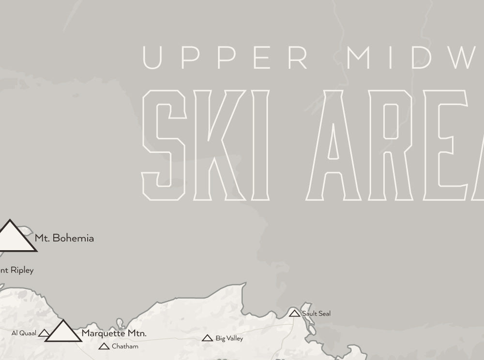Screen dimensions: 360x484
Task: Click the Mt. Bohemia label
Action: click(64, 238)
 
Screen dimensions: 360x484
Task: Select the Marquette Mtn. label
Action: click(114, 333)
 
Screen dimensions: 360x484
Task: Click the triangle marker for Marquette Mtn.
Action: click(63, 332)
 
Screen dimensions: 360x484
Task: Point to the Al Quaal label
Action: click(24, 333)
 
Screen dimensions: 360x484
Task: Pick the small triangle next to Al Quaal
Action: click(44, 333)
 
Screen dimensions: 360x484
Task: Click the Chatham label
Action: click(125, 346)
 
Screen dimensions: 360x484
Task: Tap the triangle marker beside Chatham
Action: click(104, 346)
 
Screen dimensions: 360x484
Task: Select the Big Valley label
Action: click(229, 339)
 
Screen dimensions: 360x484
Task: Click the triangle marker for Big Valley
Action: click(207, 338)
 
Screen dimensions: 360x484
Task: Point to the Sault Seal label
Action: click(317, 314)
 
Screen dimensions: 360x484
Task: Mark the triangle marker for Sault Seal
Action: click(294, 314)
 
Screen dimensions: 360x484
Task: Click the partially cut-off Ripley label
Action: click(17, 270)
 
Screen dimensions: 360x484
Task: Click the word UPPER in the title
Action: click(226, 58)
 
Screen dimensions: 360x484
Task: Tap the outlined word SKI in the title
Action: click(205, 145)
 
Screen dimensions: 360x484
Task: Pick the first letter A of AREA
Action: click(333, 145)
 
